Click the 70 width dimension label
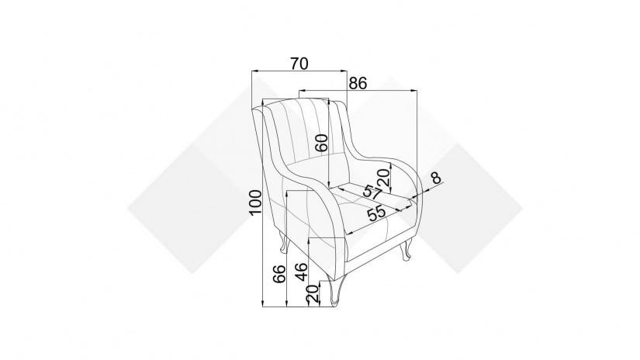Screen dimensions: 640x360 click(299, 64)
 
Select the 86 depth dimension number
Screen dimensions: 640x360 click(358, 83)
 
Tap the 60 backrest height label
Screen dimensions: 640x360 click(322, 143)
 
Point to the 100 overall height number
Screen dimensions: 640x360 click(254, 202)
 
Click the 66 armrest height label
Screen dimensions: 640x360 click(279, 274)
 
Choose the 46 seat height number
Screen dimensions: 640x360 click(301, 272)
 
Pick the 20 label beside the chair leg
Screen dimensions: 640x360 click(313, 293)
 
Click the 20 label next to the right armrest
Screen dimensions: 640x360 click(384, 178)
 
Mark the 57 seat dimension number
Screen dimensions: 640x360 click(372, 192)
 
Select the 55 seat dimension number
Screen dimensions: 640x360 click(376, 213)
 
